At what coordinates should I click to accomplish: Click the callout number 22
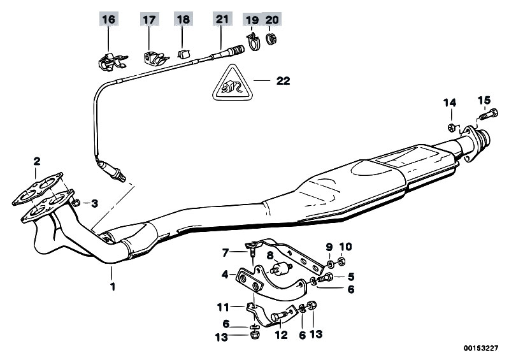pos(283,81)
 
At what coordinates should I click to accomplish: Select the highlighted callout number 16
pos(108,20)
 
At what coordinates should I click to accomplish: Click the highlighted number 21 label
pos(222,19)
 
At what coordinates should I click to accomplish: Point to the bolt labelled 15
pos(489,115)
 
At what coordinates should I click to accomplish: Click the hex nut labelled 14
pos(452,127)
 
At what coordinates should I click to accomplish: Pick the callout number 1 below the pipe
pos(113,287)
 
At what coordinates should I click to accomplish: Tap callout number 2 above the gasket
pos(37,161)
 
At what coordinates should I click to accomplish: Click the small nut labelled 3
pos(76,203)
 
